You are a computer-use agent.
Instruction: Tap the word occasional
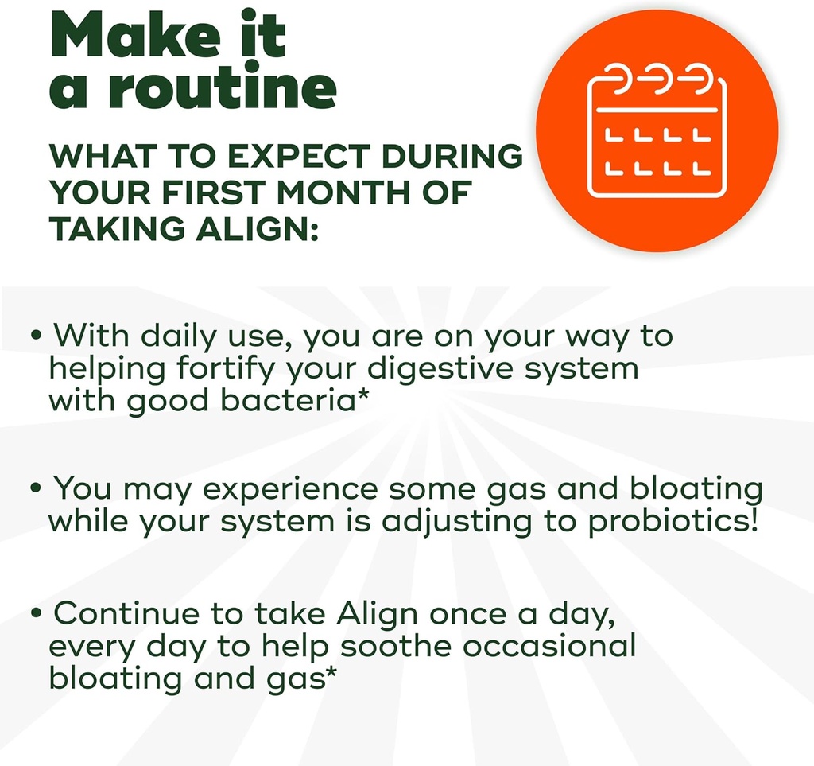pyautogui.click(x=550, y=645)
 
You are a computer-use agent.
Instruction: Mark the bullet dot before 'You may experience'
pyautogui.click(x=36, y=488)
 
